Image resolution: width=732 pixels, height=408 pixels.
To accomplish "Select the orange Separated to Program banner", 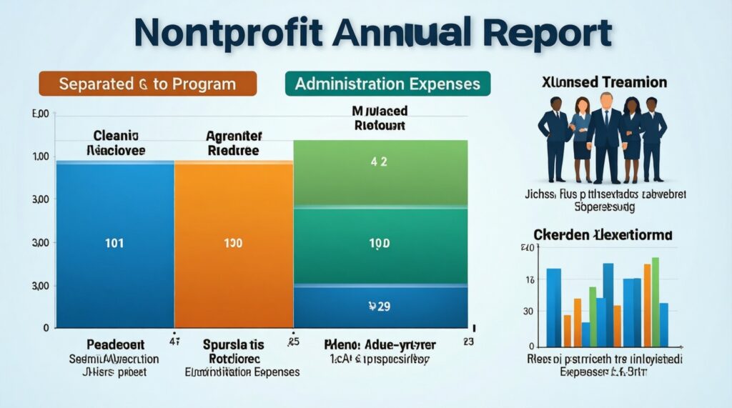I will pos(147,84).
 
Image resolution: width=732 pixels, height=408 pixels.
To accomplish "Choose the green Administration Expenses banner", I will pos(387,84).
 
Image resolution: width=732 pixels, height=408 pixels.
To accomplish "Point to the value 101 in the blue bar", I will pos(114,243).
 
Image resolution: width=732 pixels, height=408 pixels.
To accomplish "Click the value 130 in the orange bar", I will pos(233,243).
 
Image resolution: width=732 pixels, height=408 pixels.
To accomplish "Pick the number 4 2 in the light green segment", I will pos(379,162).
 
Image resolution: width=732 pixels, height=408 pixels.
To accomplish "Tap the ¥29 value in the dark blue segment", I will pos(379,307).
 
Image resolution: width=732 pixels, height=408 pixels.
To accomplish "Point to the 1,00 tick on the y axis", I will pos(41,156).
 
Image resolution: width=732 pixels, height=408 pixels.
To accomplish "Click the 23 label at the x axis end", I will pos(468,342).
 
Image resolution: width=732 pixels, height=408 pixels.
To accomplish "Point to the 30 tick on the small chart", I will pos(528,311).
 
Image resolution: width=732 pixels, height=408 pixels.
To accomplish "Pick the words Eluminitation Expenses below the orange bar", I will pos(242,372).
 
